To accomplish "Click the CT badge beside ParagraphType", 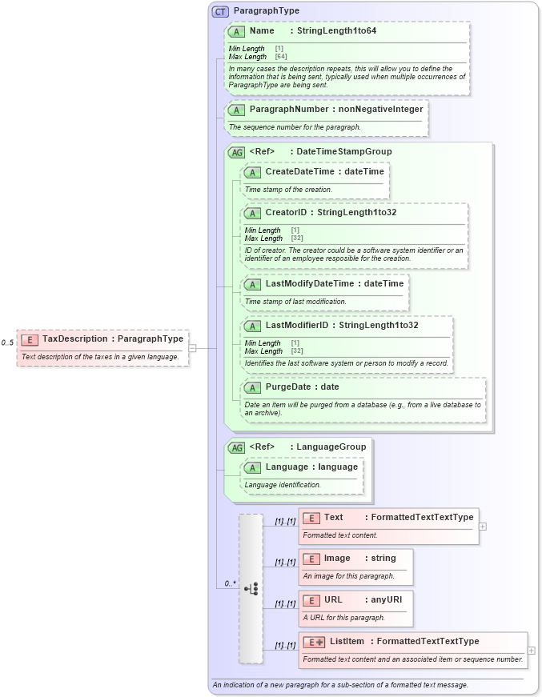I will point(220,11).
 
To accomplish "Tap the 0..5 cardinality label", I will point(8,342).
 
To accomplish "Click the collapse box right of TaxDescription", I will point(192,347).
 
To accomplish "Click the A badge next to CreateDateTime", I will point(252,171).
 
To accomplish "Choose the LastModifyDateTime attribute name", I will point(311,283).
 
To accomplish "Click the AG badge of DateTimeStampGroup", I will point(237,151).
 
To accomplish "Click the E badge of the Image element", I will point(311,558).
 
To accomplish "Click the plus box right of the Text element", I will point(483,526).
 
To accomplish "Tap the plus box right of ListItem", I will point(532,650).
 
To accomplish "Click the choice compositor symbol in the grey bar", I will point(251,588).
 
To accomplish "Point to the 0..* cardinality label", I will point(231,583).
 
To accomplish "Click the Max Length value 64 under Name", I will point(281,57).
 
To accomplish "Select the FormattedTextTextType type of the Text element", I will point(422,517).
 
